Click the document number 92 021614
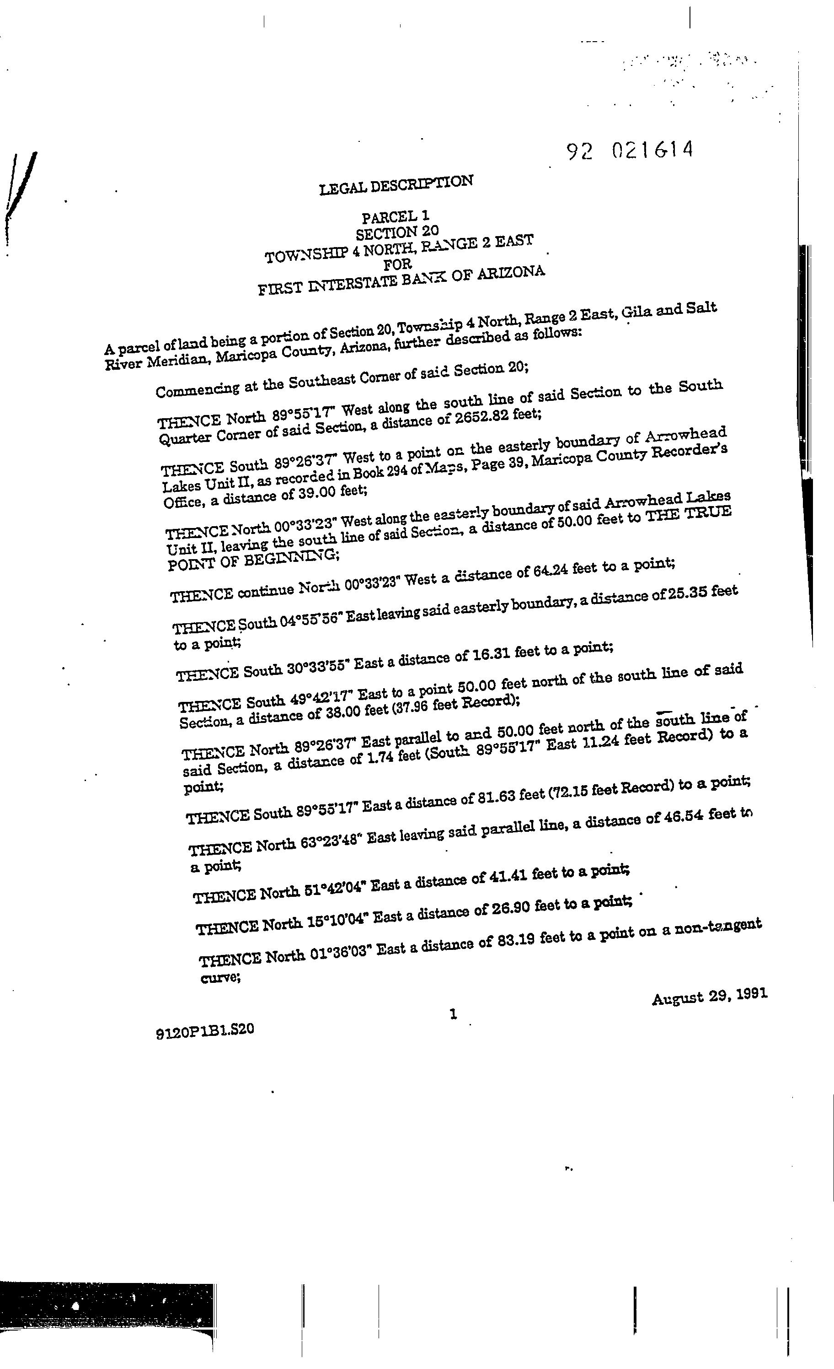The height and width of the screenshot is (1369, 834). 630,151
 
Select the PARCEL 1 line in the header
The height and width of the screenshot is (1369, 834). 396,216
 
